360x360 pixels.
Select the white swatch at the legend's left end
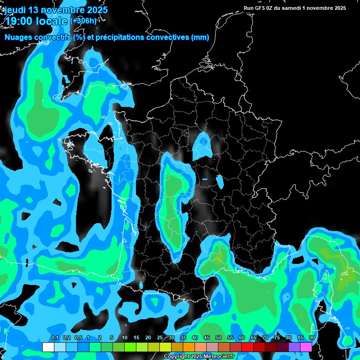48,347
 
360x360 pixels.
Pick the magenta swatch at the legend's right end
306,347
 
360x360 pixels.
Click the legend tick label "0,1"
54,338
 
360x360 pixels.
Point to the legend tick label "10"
125,338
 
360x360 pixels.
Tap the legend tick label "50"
218,338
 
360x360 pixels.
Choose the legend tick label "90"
312,338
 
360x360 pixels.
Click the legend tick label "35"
183,338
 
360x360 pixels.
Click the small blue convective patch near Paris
203,145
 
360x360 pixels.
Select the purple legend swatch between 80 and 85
294,347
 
